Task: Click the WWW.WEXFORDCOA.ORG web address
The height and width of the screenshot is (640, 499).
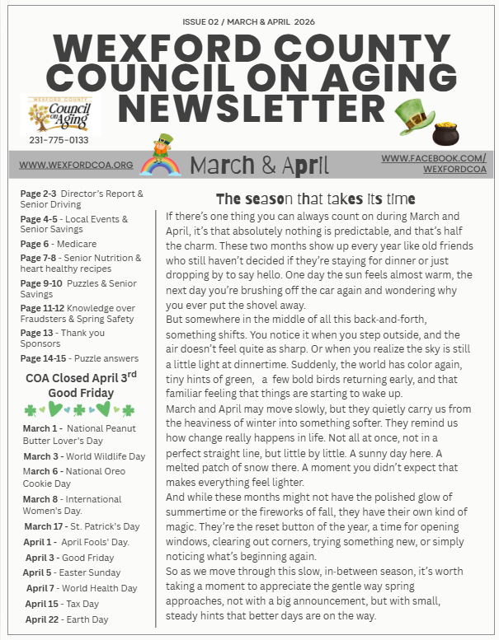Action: coord(76,165)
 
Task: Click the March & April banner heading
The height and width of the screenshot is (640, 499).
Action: coord(259,164)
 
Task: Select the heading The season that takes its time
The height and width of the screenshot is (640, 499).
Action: coord(315,199)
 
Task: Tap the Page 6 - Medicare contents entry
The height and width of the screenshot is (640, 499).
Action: coord(59,244)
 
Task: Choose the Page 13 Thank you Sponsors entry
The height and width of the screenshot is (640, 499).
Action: coord(63,339)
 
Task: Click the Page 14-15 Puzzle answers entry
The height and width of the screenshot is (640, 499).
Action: coord(75,359)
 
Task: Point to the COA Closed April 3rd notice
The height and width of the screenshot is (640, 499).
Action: coord(80,385)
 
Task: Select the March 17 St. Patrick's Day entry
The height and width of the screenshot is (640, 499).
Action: coord(82,526)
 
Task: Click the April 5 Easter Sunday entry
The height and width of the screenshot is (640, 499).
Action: coord(72,572)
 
